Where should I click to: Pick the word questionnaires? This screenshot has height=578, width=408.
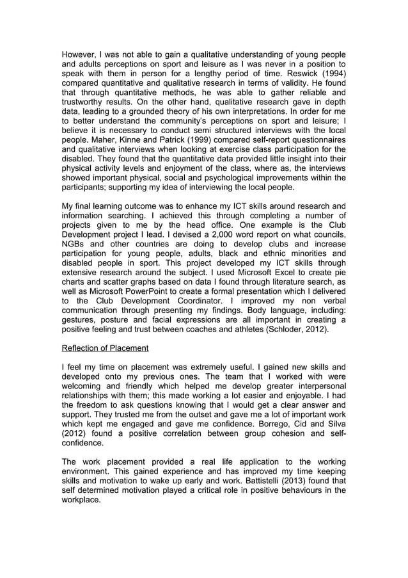point(313,146)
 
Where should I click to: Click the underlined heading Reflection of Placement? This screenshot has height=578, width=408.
point(105,348)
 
